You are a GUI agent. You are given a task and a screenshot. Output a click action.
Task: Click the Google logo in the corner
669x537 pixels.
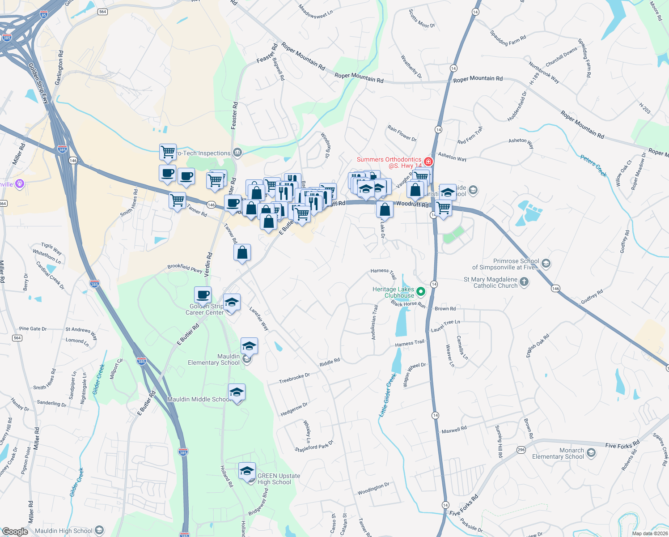pos(15,531)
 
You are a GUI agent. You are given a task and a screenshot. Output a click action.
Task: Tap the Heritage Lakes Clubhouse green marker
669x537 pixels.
pos(420,292)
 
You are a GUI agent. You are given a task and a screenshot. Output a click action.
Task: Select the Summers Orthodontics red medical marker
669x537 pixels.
pos(428,161)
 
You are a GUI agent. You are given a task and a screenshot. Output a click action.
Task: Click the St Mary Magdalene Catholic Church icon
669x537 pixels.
pos(524,282)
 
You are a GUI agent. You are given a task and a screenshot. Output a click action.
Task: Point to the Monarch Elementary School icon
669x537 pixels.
pos(591,453)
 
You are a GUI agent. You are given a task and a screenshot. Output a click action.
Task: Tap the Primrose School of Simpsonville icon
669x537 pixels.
pos(546,264)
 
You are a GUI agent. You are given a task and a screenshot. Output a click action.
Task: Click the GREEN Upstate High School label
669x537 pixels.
pos(279,479)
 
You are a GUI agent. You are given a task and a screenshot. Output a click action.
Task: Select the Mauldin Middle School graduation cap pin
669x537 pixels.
pos(237,392)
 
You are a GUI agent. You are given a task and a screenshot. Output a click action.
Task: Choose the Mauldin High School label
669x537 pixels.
pos(64,531)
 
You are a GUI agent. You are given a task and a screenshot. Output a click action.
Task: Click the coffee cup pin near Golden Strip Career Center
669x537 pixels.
pos(203,295)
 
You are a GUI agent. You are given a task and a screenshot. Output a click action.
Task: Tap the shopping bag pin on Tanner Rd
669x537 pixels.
pos(242,253)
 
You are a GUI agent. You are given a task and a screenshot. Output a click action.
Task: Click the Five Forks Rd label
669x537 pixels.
pos(622,444)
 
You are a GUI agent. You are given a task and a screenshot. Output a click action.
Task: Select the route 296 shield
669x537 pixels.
pos(521,450)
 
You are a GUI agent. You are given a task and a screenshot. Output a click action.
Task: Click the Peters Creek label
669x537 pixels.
pos(594,166)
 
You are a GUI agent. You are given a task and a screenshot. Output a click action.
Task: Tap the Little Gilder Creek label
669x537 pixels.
pos(388,396)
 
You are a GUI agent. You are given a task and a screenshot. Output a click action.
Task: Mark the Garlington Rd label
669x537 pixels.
pos(59,68)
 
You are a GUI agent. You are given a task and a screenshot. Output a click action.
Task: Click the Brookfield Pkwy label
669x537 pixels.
pos(185,268)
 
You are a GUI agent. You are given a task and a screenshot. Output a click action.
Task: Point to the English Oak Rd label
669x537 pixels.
pos(538,344)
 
